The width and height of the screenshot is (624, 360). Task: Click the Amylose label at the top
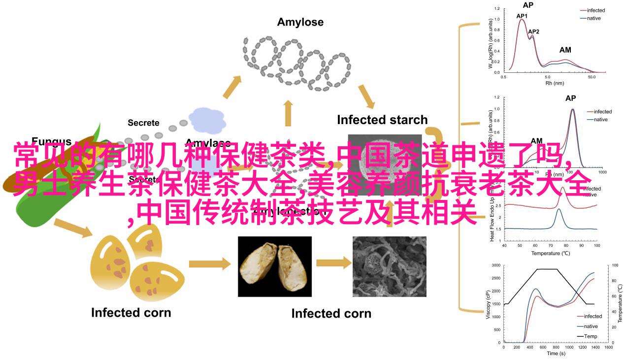(300, 22)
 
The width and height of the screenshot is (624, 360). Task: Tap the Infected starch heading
(382, 120)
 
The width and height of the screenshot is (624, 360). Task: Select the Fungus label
(52, 142)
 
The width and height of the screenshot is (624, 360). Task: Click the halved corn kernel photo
(275, 266)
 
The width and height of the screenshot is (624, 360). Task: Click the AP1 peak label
(522, 16)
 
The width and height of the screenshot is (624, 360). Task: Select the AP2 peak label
(533, 32)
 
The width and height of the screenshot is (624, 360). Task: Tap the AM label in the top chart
(565, 50)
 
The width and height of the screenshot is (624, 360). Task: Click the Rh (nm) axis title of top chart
(555, 83)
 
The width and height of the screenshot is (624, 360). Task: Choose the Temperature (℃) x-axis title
(550, 253)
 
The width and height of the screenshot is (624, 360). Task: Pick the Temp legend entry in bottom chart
(591, 336)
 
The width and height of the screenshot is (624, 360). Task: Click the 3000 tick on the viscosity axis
(495, 265)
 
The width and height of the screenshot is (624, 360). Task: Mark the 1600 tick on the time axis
(608, 347)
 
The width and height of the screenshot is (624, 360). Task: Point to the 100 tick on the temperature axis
(614, 265)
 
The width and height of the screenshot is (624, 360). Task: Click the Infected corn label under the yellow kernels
(131, 312)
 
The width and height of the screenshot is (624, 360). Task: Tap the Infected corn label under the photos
(331, 313)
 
